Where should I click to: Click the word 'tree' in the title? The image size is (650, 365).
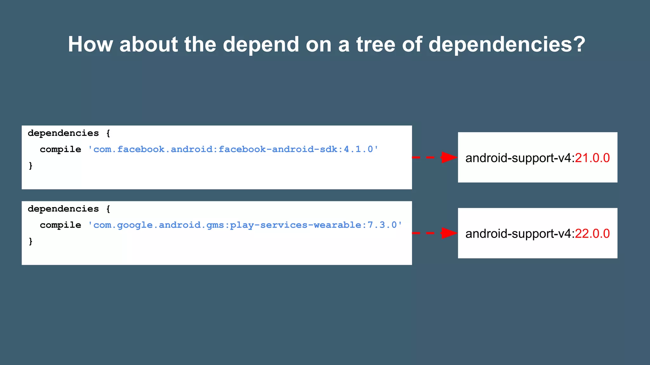pos(376,44)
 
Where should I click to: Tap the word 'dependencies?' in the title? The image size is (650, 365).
pos(507,44)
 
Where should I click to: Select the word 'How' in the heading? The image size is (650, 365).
pos(90,44)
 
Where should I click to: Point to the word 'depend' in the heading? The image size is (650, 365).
pos(261,44)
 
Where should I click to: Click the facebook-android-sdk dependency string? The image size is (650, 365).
pos(233,149)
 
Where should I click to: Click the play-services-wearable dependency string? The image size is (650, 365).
pos(245,225)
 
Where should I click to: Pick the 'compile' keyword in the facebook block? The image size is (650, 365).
pos(60,150)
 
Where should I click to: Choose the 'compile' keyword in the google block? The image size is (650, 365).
pos(60,225)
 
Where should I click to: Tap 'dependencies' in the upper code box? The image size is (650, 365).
pos(63,133)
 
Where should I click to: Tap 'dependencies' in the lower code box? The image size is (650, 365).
pos(63,209)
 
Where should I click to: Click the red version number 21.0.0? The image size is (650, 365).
pos(592,158)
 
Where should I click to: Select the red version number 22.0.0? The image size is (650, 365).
pos(592,234)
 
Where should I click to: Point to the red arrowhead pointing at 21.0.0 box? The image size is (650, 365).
pos(449,157)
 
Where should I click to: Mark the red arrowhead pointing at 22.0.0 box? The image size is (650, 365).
pos(449,233)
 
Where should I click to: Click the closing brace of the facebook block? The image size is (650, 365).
pos(31,165)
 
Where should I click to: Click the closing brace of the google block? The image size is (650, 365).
pos(31,241)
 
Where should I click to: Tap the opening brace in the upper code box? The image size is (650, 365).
pos(108,133)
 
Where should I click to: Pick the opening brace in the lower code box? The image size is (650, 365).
pos(108,209)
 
